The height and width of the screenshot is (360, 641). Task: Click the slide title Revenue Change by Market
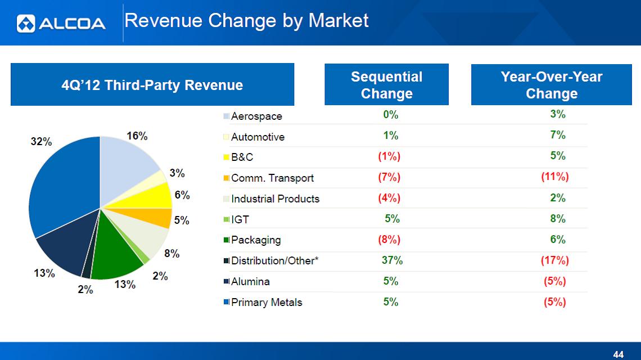point(246,21)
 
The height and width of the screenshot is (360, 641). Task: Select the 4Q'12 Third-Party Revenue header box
point(152,85)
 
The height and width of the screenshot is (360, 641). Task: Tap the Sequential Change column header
point(386,85)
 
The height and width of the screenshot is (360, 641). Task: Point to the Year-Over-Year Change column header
point(551,85)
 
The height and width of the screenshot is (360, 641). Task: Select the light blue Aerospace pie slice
point(127,160)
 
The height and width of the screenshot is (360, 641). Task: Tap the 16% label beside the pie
point(137,136)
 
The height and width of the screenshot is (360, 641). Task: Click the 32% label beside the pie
point(40,142)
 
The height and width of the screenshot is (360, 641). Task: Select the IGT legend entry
point(240,219)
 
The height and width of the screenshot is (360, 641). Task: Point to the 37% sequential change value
point(392,260)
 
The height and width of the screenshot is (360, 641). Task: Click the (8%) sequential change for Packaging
point(389,240)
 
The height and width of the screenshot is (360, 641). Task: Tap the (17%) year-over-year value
point(555,260)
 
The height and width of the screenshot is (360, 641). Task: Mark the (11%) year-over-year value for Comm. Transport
point(555,177)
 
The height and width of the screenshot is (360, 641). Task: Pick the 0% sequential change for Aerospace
point(390,115)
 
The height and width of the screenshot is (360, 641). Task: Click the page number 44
point(619,354)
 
